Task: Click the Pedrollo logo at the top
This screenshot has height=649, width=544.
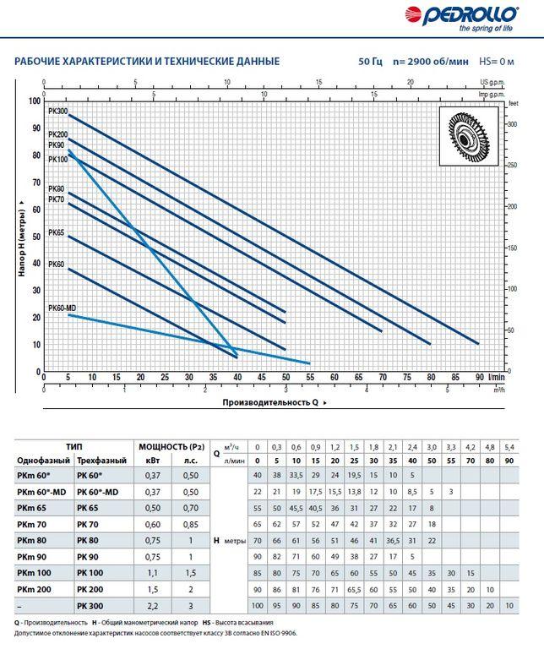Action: [x=461, y=19]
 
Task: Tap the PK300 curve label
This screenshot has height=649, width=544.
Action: [x=58, y=112]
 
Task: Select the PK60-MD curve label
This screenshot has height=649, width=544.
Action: [x=62, y=308]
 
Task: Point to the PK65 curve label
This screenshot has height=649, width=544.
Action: [x=57, y=232]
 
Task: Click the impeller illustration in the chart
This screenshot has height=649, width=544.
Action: [x=469, y=136]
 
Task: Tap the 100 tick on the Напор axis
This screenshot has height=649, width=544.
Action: [x=35, y=101]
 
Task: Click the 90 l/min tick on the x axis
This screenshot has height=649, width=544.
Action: [x=480, y=377]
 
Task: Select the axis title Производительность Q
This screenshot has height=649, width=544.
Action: [x=270, y=402]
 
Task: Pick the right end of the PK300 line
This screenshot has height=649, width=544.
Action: [x=479, y=344]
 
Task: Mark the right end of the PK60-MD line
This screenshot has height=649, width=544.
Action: [x=309, y=363]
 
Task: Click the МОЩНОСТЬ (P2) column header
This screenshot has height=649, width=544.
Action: [x=171, y=447]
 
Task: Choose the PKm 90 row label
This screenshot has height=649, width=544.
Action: [x=32, y=557]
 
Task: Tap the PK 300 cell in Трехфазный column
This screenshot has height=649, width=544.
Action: [x=90, y=607]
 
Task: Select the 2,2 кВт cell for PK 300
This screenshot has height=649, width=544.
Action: [x=153, y=607]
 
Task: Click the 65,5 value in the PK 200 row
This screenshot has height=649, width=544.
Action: [x=354, y=590]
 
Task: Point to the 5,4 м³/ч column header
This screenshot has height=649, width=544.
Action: [x=509, y=447]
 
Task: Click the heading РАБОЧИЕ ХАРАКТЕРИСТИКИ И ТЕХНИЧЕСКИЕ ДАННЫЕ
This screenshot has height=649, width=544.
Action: [x=147, y=62]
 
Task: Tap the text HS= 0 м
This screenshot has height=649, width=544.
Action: [x=497, y=62]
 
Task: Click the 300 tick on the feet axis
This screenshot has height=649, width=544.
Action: [x=512, y=124]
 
